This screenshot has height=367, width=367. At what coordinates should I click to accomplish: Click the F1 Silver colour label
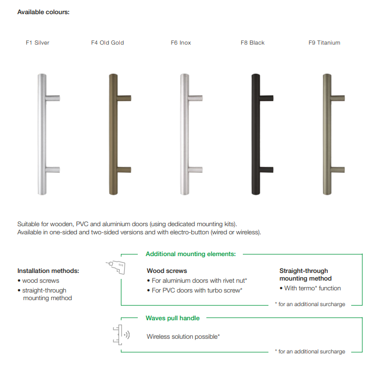click(38, 42)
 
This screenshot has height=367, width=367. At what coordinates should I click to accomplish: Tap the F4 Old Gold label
click(107, 42)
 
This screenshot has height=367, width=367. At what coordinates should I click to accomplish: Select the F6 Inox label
click(181, 42)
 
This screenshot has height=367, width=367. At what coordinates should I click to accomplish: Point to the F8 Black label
click(253, 42)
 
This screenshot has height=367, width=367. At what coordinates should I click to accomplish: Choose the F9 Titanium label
click(324, 42)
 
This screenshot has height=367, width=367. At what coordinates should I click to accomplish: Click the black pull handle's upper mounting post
click(266, 98)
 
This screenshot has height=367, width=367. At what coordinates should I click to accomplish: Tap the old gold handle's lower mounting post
click(124, 170)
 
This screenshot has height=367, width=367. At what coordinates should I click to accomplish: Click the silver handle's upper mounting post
click(53, 98)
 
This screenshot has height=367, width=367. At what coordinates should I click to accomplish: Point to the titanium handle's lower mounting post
click(338, 170)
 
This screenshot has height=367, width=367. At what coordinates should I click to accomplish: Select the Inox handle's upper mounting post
click(195, 98)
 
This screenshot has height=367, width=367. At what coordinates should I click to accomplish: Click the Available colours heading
click(44, 12)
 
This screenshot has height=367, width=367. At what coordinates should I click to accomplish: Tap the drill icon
click(116, 267)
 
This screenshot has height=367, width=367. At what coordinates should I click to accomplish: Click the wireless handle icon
click(121, 335)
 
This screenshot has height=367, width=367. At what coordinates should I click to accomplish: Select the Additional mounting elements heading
click(191, 254)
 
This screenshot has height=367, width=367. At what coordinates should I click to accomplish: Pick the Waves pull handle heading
click(173, 318)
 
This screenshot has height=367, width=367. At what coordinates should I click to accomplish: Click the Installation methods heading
click(48, 271)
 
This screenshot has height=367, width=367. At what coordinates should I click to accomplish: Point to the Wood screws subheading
click(167, 271)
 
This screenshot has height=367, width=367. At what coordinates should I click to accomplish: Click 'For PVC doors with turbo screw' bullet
click(194, 290)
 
